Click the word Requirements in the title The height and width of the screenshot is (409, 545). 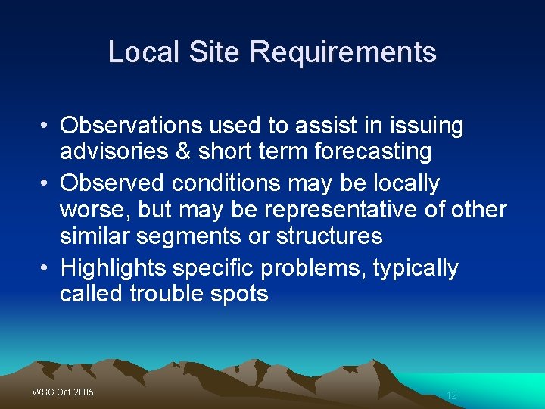click(x=343, y=52)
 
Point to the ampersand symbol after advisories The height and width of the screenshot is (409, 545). click(x=183, y=151)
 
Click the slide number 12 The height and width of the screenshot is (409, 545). click(x=452, y=395)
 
